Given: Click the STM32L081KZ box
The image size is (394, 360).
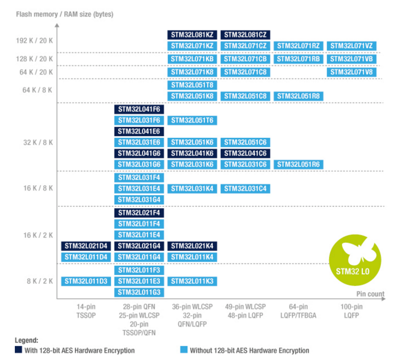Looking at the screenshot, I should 192,35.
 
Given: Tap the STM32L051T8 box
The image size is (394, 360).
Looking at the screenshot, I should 192,85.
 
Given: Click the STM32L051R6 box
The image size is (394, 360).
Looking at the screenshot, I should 298,165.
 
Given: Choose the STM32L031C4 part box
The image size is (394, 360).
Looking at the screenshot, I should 245,188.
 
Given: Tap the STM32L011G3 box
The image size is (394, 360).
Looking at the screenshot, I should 139,292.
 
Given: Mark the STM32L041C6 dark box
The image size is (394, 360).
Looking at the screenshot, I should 245,153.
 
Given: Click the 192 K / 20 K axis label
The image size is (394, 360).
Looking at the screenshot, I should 34,40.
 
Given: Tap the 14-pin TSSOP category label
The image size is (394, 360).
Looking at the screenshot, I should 86,310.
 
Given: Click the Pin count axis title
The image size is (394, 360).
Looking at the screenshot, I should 370,293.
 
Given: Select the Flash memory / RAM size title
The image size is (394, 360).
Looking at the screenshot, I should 64,14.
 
